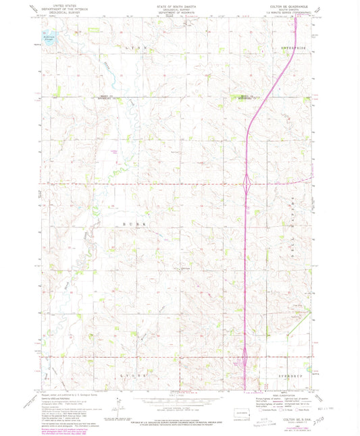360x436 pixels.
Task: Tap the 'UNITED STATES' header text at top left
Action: (58, 5)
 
